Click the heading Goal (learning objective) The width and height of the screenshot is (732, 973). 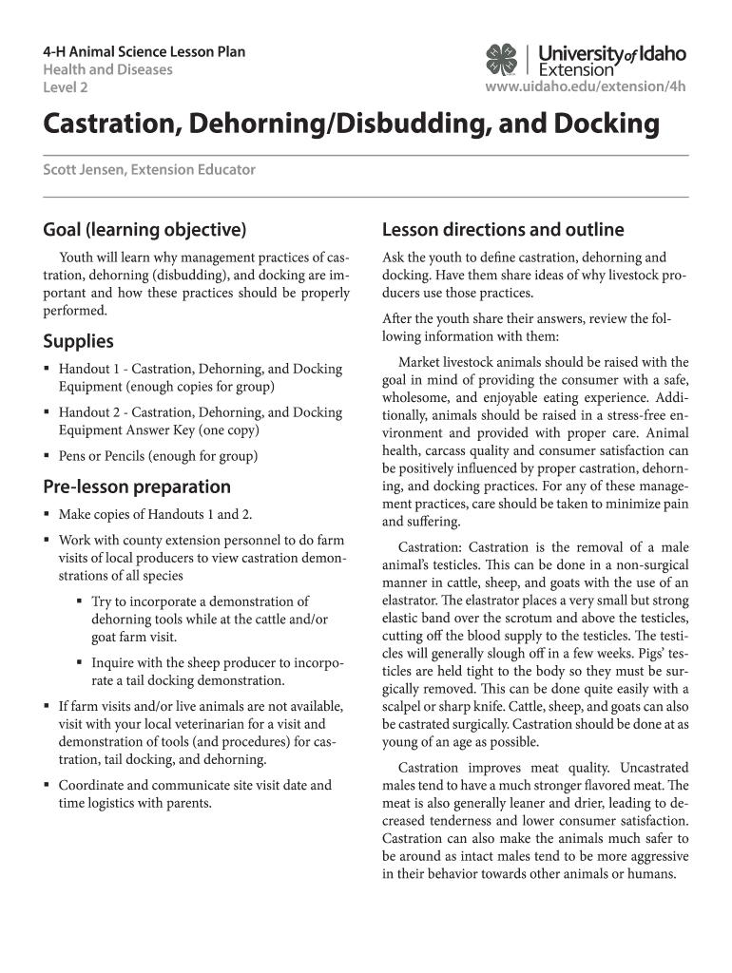coord(144,229)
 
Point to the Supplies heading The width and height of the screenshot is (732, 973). coord(78,341)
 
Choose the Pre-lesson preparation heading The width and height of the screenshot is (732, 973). coord(137,486)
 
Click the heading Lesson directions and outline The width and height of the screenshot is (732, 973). coord(502,229)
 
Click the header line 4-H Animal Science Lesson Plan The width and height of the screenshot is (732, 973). coord(144,51)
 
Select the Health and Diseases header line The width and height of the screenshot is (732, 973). coord(107,70)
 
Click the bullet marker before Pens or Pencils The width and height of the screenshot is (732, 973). coord(47,456)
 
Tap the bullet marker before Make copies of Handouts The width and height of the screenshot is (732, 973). coord(47,515)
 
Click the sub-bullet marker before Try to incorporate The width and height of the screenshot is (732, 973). coord(78,601)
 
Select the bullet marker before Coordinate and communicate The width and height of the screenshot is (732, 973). coord(47,786)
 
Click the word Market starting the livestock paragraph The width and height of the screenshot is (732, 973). coord(419,362)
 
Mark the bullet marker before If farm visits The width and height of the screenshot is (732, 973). coord(47,706)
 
